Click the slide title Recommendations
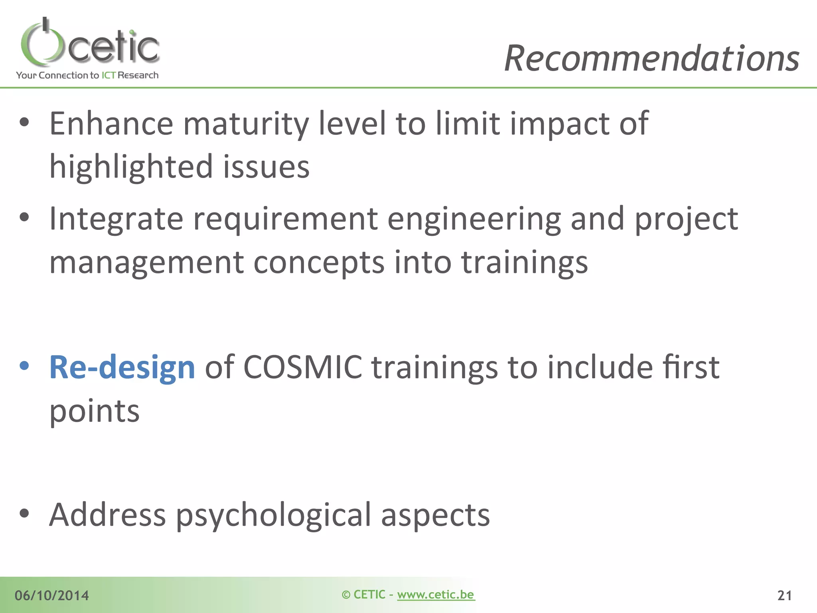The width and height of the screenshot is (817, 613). click(x=651, y=59)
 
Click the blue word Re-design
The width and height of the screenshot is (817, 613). click(x=122, y=368)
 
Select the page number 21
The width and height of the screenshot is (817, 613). click(x=784, y=595)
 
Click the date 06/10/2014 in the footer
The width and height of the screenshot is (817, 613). click(x=52, y=595)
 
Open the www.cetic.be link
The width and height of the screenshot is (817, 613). click(x=436, y=595)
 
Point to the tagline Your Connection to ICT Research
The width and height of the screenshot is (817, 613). click(x=87, y=75)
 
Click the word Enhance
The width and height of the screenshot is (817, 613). click(x=111, y=124)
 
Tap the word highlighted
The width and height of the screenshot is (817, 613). click(x=131, y=167)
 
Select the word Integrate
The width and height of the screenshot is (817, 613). click(x=116, y=219)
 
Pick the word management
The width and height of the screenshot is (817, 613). click(x=146, y=263)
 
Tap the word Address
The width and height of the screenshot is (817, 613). click(x=107, y=515)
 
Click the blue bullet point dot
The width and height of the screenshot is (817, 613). click(x=24, y=366)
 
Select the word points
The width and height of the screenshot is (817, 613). click(x=95, y=411)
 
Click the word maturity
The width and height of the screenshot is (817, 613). click(x=246, y=124)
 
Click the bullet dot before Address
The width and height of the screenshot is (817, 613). click(x=24, y=513)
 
